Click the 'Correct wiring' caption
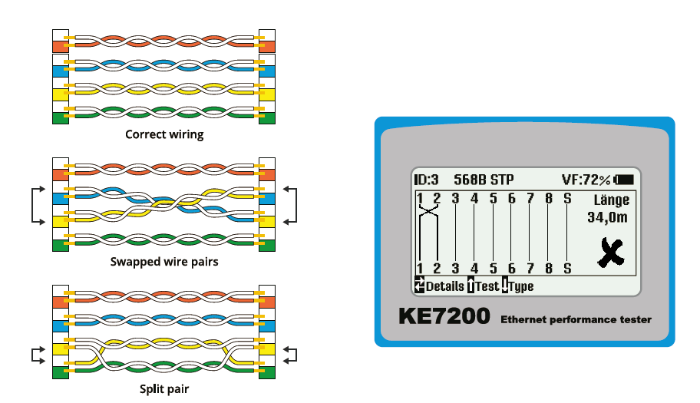pyautogui.click(x=164, y=134)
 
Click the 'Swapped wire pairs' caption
pyautogui.click(x=164, y=262)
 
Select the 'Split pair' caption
pyautogui.click(x=164, y=388)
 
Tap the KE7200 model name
pyautogui.click(x=444, y=316)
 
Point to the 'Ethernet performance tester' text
pyautogui.click(x=576, y=319)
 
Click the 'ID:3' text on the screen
pyautogui.click(x=427, y=180)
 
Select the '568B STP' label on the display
pyautogui.click(x=484, y=180)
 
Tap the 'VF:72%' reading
pyautogui.click(x=586, y=180)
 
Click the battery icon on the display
pyautogui.click(x=624, y=180)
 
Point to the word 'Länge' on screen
pyautogui.click(x=612, y=200)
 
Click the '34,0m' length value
pyautogui.click(x=608, y=218)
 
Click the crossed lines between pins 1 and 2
pyautogui.click(x=428, y=222)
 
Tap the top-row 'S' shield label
pyautogui.click(x=567, y=200)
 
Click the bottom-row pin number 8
pyautogui.click(x=548, y=268)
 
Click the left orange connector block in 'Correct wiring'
pyautogui.click(x=60, y=45)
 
